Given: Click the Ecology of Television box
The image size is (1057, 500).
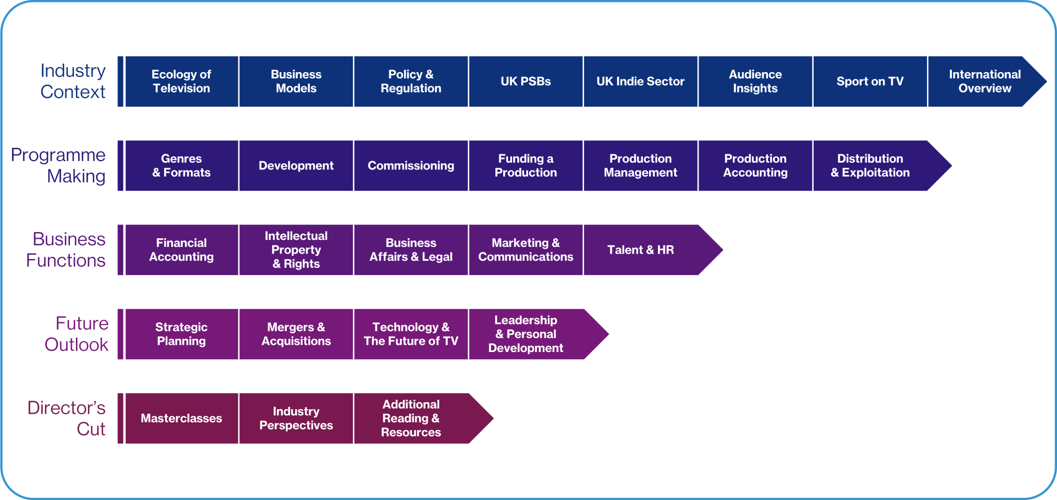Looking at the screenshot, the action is coord(182,81).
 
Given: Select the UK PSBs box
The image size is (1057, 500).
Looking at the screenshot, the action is coord(526,81).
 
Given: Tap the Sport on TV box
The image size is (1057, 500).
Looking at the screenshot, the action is coord(870,81).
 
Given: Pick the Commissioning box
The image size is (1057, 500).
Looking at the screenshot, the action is coord(411,166).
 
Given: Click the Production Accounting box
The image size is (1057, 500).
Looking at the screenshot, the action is coord(755,166).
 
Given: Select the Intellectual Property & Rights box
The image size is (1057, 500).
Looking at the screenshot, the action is coord(296,250).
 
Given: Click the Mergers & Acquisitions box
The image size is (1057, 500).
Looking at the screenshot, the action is coord(296,334).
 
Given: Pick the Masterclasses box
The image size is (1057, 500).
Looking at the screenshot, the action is coord(182,418).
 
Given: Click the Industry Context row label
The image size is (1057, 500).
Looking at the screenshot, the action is coord(73,81).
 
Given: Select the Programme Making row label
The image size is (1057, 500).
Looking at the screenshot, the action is coord(58,166).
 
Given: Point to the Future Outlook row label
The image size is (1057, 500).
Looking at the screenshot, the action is coord(77,334).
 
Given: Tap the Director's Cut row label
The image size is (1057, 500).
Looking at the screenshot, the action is coord(67,418).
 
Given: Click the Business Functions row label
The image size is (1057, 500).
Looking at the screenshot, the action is coord(66,250).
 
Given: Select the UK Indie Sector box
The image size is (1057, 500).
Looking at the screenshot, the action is coord(640,81).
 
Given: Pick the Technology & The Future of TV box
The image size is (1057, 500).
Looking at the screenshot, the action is coord(411,334).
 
